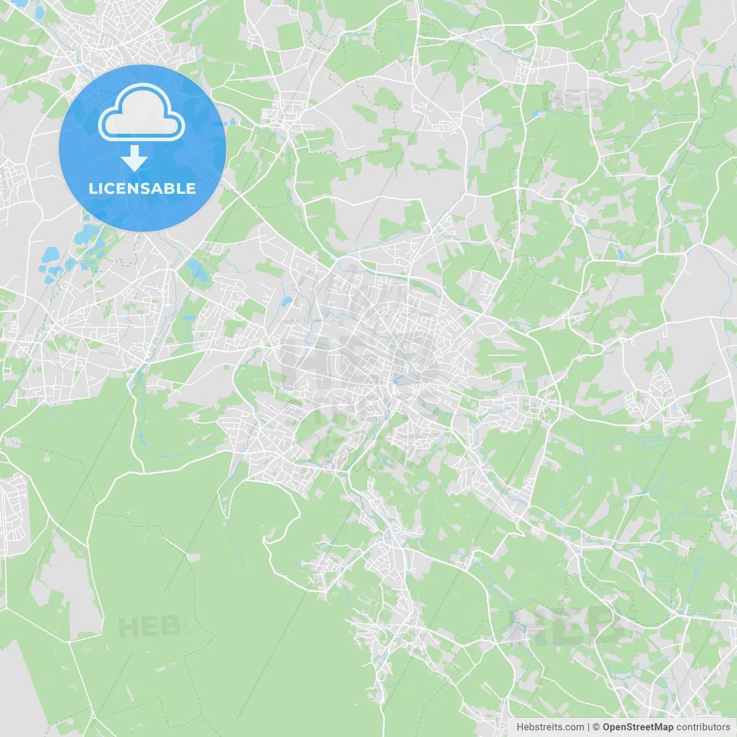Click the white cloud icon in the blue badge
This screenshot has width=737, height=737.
142,113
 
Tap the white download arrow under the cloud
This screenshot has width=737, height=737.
134,158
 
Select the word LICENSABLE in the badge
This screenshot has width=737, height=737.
142,188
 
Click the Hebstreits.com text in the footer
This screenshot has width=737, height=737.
550,727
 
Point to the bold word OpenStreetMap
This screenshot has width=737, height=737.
638,727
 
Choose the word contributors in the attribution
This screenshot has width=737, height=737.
702,727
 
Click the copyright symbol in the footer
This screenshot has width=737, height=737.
596,727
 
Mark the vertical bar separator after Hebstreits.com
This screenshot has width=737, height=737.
588,727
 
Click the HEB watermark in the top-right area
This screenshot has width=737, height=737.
573,100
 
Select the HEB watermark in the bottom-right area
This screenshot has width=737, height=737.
570,626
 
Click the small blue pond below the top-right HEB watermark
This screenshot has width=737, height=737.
537,113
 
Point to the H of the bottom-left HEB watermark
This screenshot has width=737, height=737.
128,627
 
